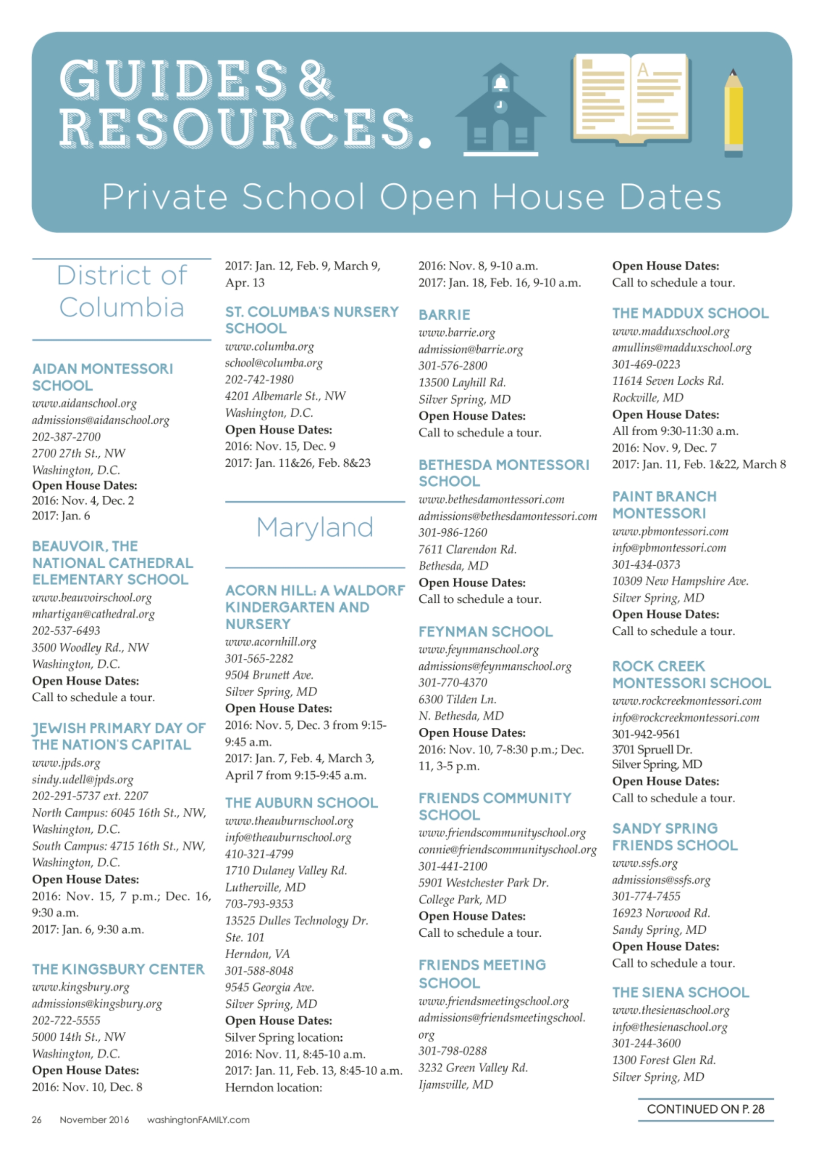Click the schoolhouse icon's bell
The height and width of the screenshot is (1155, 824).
(501, 82)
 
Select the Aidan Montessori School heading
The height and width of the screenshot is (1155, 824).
(102, 377)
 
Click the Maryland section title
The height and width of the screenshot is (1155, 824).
(315, 527)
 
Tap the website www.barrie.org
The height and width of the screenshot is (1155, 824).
(457, 333)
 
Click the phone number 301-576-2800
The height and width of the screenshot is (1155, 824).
(453, 366)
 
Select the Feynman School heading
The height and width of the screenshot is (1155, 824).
(485, 631)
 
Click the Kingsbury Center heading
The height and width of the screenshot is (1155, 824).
(118, 970)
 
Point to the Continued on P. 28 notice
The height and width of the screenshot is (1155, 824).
(705, 1109)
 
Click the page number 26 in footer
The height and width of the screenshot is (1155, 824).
(37, 1120)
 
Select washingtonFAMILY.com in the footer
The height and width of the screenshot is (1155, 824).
(198, 1120)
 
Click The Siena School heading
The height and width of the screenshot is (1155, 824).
(680, 992)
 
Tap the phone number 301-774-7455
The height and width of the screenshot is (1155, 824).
(646, 896)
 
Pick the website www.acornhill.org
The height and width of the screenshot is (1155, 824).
(270, 642)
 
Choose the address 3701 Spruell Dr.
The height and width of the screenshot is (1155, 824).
(652, 750)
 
